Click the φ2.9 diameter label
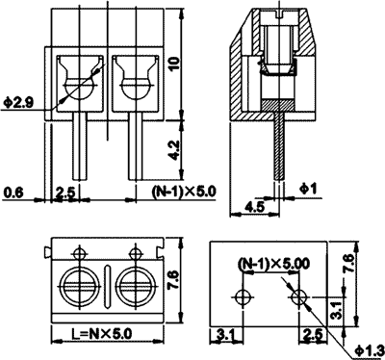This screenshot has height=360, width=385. click(x=19, y=100)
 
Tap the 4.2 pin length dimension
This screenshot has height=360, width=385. click(x=173, y=149)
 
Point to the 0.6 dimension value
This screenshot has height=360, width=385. click(x=13, y=193)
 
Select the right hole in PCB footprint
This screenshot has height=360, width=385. click(x=299, y=294)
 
